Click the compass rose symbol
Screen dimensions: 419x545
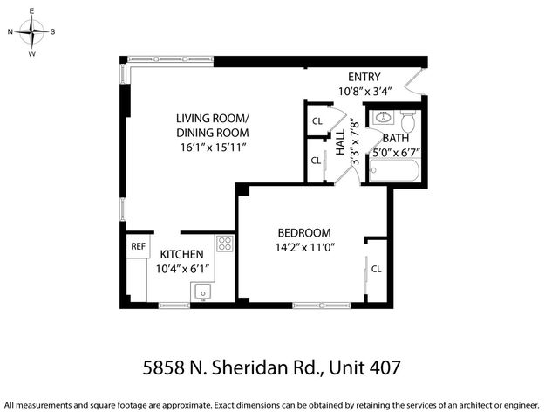pos(32,32)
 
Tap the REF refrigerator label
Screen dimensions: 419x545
pos(138,247)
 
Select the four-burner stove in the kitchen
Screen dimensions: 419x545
pos(225,244)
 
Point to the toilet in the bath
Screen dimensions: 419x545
pos(407,118)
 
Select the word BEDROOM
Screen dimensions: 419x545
pos(304,232)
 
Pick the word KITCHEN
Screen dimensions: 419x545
pos(181,254)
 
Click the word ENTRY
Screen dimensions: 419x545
pos(364,76)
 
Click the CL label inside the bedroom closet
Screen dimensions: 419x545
pos(376,269)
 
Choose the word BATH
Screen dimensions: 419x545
pos(395,138)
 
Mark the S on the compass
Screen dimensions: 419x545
pos(52,31)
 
